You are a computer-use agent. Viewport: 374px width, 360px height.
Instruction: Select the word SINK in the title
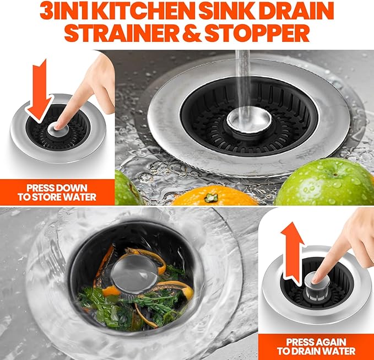point(231,12)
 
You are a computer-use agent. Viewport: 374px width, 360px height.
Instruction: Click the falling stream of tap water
point(243,77)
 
